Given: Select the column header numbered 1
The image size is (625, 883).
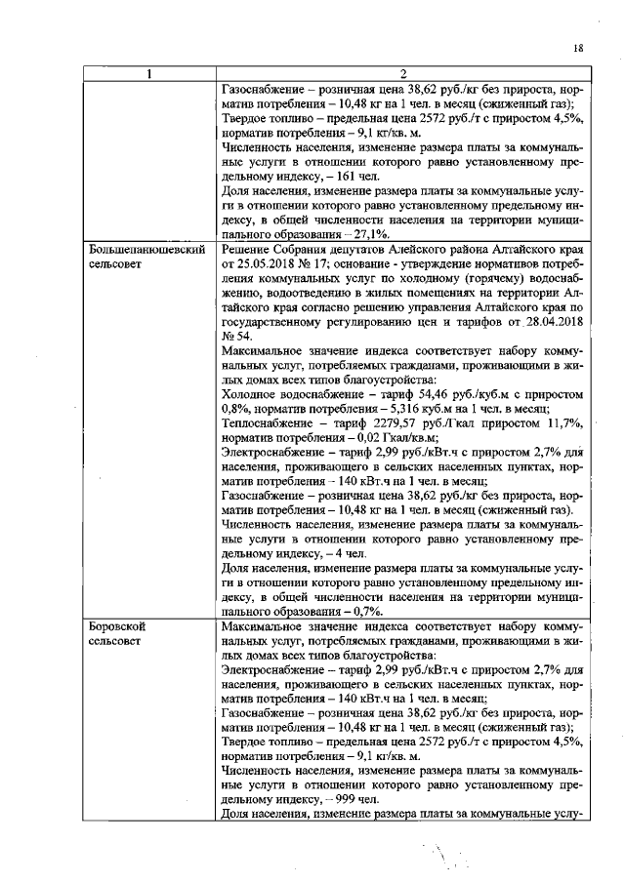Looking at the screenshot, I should tap(150, 74).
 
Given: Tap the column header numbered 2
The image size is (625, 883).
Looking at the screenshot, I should tap(403, 74).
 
